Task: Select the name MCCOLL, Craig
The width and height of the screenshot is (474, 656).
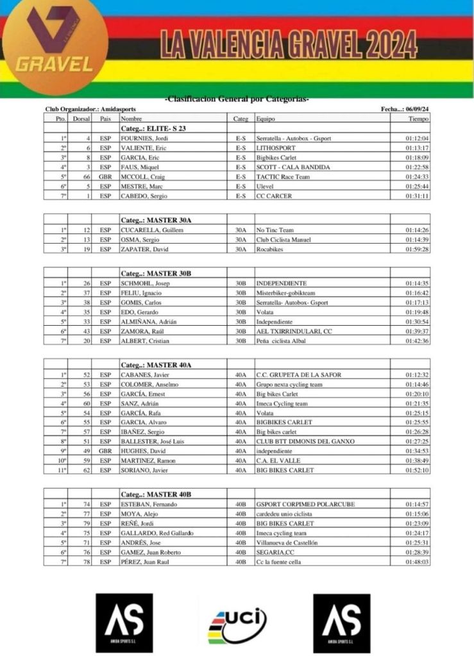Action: (143, 176)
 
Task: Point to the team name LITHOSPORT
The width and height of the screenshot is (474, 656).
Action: (276, 148)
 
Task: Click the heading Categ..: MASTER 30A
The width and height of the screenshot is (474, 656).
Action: (156, 220)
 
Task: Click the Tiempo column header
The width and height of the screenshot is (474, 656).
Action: (418, 119)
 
